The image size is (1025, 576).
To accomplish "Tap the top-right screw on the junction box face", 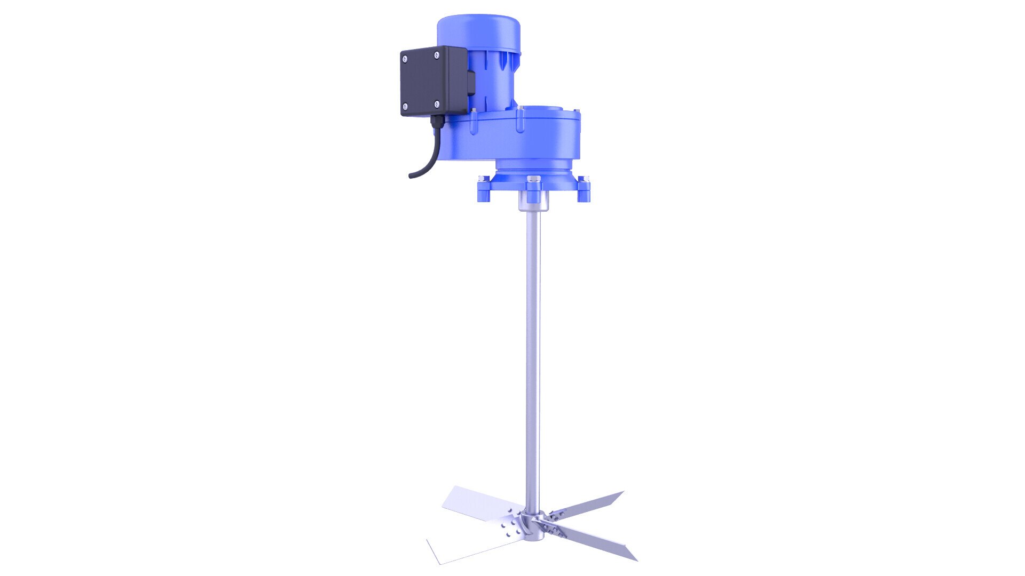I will (437, 53).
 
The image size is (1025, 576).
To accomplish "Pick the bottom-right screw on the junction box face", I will (437, 103).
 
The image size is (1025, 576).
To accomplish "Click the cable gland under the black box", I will (436, 121).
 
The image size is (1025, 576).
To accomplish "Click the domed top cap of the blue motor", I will (478, 24).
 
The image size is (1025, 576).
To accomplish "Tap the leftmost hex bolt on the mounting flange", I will (484, 179).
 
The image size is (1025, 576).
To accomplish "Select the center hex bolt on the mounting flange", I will (533, 180).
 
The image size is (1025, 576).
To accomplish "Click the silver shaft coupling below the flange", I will (533, 202).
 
